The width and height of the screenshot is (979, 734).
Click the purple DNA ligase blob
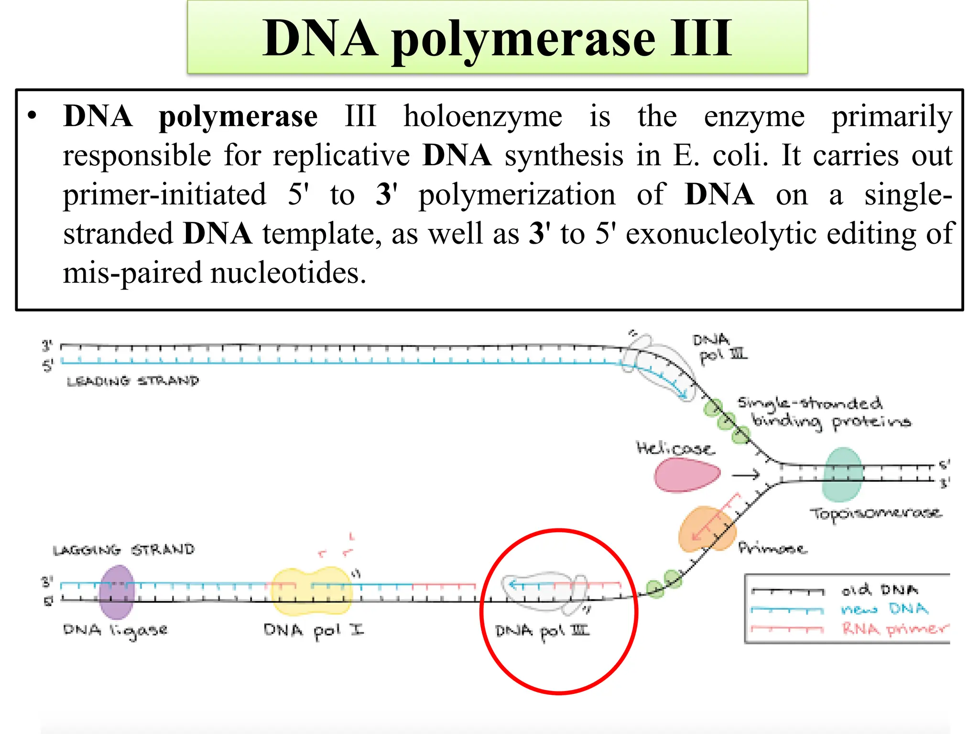tap(116, 592)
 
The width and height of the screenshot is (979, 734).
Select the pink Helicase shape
tap(686, 475)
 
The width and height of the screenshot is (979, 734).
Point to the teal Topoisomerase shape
tap(842, 474)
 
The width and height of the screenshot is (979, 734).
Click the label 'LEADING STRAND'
tap(133, 381)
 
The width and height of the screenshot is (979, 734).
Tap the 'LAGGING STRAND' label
tap(124, 550)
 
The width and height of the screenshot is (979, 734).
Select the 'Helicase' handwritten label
tap(675, 448)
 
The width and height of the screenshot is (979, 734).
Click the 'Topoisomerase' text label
tap(875, 514)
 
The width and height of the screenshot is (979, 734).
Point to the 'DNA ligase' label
tap(115, 631)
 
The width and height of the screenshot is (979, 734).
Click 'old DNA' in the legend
tap(880, 590)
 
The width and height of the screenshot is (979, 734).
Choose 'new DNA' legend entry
tap(884, 609)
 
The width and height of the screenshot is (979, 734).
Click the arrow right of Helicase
tap(746, 475)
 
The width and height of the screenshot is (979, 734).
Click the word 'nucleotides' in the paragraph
tap(288, 273)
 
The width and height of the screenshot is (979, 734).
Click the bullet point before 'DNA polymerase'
tap(32, 116)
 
